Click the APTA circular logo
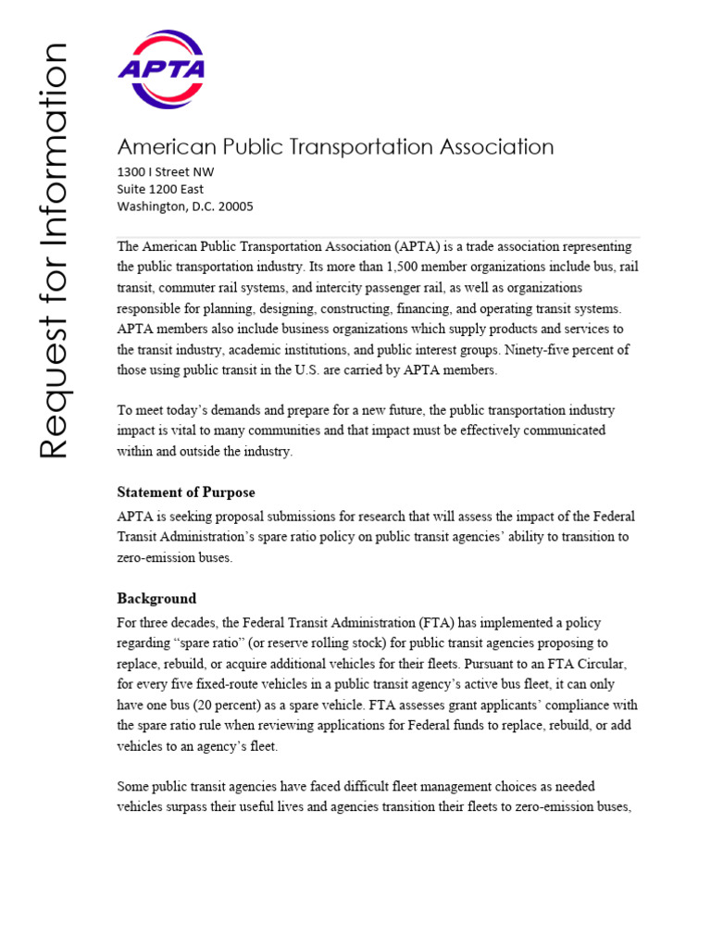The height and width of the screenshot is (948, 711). pos(162,69)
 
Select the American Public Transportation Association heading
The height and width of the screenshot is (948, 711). pos(335,146)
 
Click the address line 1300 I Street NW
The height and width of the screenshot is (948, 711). pos(166,172)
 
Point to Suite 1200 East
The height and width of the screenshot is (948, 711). pos(160,189)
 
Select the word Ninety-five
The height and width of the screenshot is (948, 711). pos(537,349)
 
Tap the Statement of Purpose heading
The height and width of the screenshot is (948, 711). pos(186,493)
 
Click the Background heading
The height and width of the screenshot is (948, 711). pos(156,598)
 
